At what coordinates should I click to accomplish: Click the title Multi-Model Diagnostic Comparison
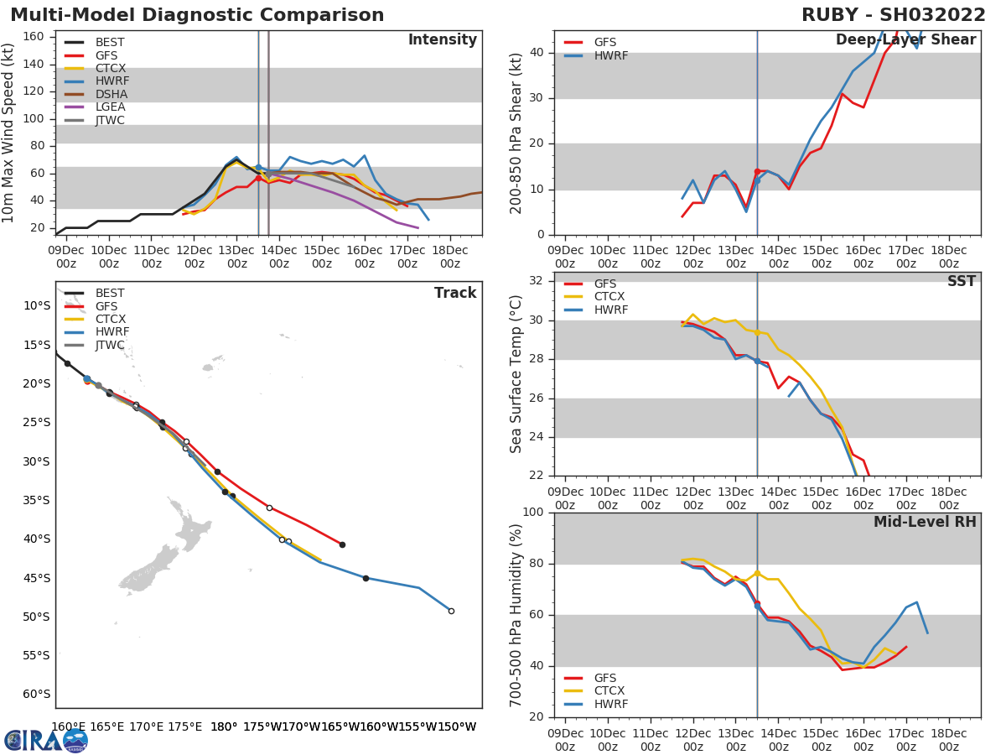[197, 15]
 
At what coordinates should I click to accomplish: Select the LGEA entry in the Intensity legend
[110, 107]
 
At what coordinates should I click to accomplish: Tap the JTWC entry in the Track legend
[110, 345]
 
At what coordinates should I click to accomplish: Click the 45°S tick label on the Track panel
[35, 578]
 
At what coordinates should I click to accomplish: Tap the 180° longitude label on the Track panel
[223, 726]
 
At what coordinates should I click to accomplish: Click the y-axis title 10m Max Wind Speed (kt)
[9, 133]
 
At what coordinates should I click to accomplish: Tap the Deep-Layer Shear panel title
[905, 40]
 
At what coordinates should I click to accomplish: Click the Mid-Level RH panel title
[925, 522]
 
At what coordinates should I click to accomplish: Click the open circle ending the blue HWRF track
[451, 611]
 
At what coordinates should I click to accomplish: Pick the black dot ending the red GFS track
[342, 544]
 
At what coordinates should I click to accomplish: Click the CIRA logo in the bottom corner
[46, 740]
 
